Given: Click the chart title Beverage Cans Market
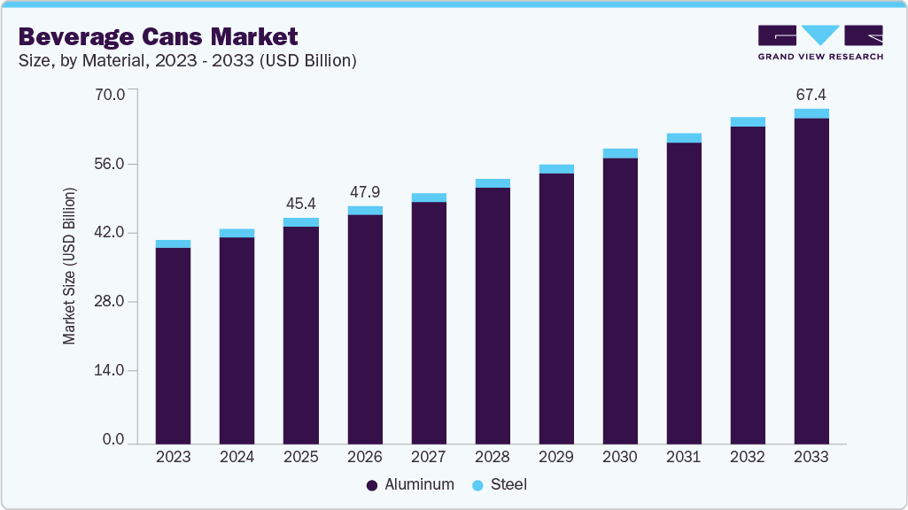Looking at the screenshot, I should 158,36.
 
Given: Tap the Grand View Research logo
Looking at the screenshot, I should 820,42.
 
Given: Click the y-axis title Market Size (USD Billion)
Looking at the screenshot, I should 69,266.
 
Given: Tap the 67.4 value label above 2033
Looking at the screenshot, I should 811,95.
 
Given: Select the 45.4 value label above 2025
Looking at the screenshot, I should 300,204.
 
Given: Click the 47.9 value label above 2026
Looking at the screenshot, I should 364,192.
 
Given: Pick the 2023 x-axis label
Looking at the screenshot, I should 173,457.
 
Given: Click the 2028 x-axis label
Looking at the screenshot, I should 493,457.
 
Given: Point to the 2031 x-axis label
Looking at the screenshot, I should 684,457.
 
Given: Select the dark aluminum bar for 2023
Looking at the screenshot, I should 173,345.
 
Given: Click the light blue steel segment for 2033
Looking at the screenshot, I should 811,113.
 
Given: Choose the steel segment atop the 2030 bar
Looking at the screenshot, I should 620,153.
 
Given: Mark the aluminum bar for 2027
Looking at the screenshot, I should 429,322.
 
